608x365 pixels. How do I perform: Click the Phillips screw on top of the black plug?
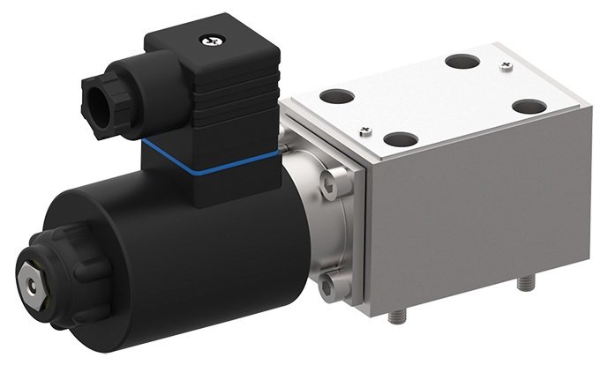pyautogui.click(x=213, y=40)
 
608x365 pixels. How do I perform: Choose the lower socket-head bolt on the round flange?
pyautogui.click(x=327, y=284)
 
